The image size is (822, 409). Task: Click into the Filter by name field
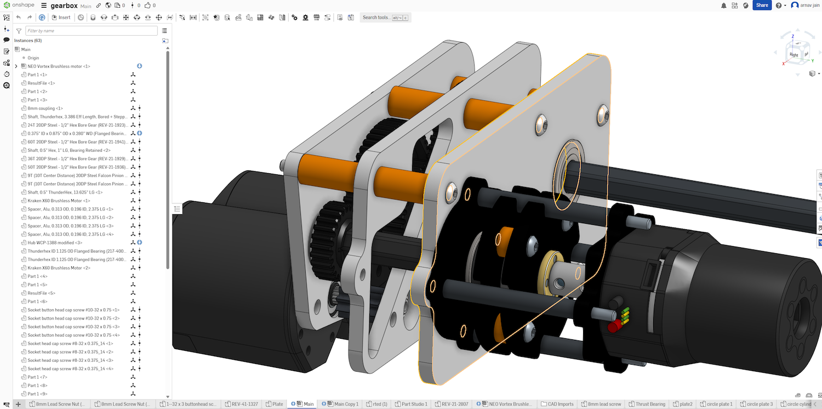(x=91, y=31)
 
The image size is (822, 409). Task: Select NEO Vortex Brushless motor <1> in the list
(x=59, y=66)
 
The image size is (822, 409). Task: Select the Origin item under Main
(x=33, y=58)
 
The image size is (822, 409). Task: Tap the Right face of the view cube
(x=794, y=54)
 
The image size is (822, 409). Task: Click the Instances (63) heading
(x=27, y=41)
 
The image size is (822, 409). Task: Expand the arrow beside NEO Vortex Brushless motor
(x=16, y=66)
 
